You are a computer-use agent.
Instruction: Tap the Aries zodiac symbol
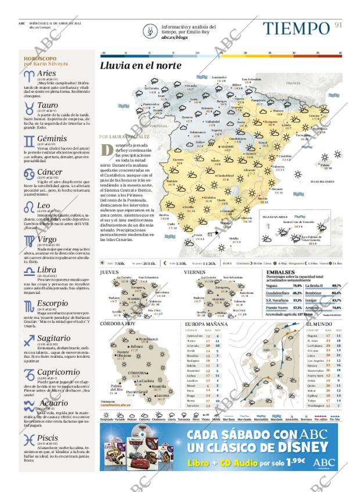click(x=28, y=75)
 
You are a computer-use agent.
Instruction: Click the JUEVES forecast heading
click(x=109, y=272)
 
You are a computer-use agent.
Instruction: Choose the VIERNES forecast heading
click(x=195, y=272)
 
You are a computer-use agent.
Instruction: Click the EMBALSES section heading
click(x=280, y=272)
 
